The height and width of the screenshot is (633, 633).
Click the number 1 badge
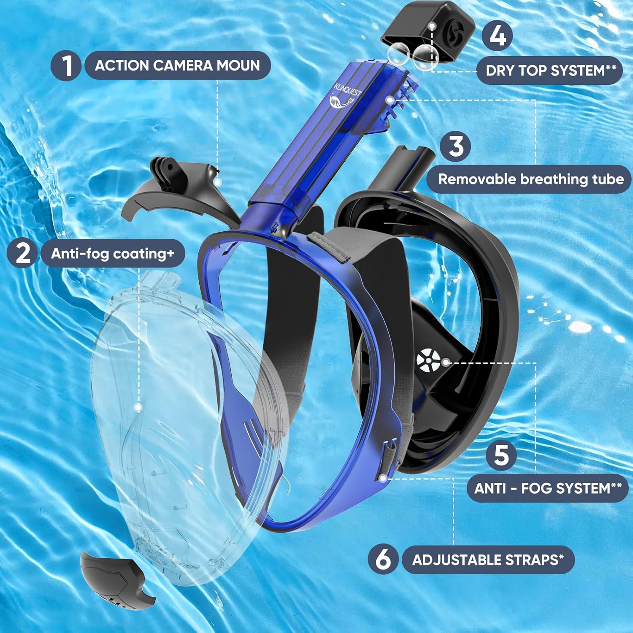[66, 65]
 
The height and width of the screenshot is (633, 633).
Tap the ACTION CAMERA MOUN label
[177, 65]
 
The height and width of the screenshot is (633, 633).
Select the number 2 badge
[23, 253]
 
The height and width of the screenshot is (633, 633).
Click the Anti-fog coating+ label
[112, 253]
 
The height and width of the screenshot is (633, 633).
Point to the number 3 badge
[456, 146]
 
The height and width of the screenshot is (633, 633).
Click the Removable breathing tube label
[530, 179]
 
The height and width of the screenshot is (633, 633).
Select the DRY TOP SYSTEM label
[550, 70]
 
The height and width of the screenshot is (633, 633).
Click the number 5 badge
[501, 454]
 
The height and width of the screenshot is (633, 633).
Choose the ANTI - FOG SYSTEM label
[547, 488]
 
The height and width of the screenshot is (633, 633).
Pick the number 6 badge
[383, 559]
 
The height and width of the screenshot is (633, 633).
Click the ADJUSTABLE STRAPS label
[488, 560]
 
